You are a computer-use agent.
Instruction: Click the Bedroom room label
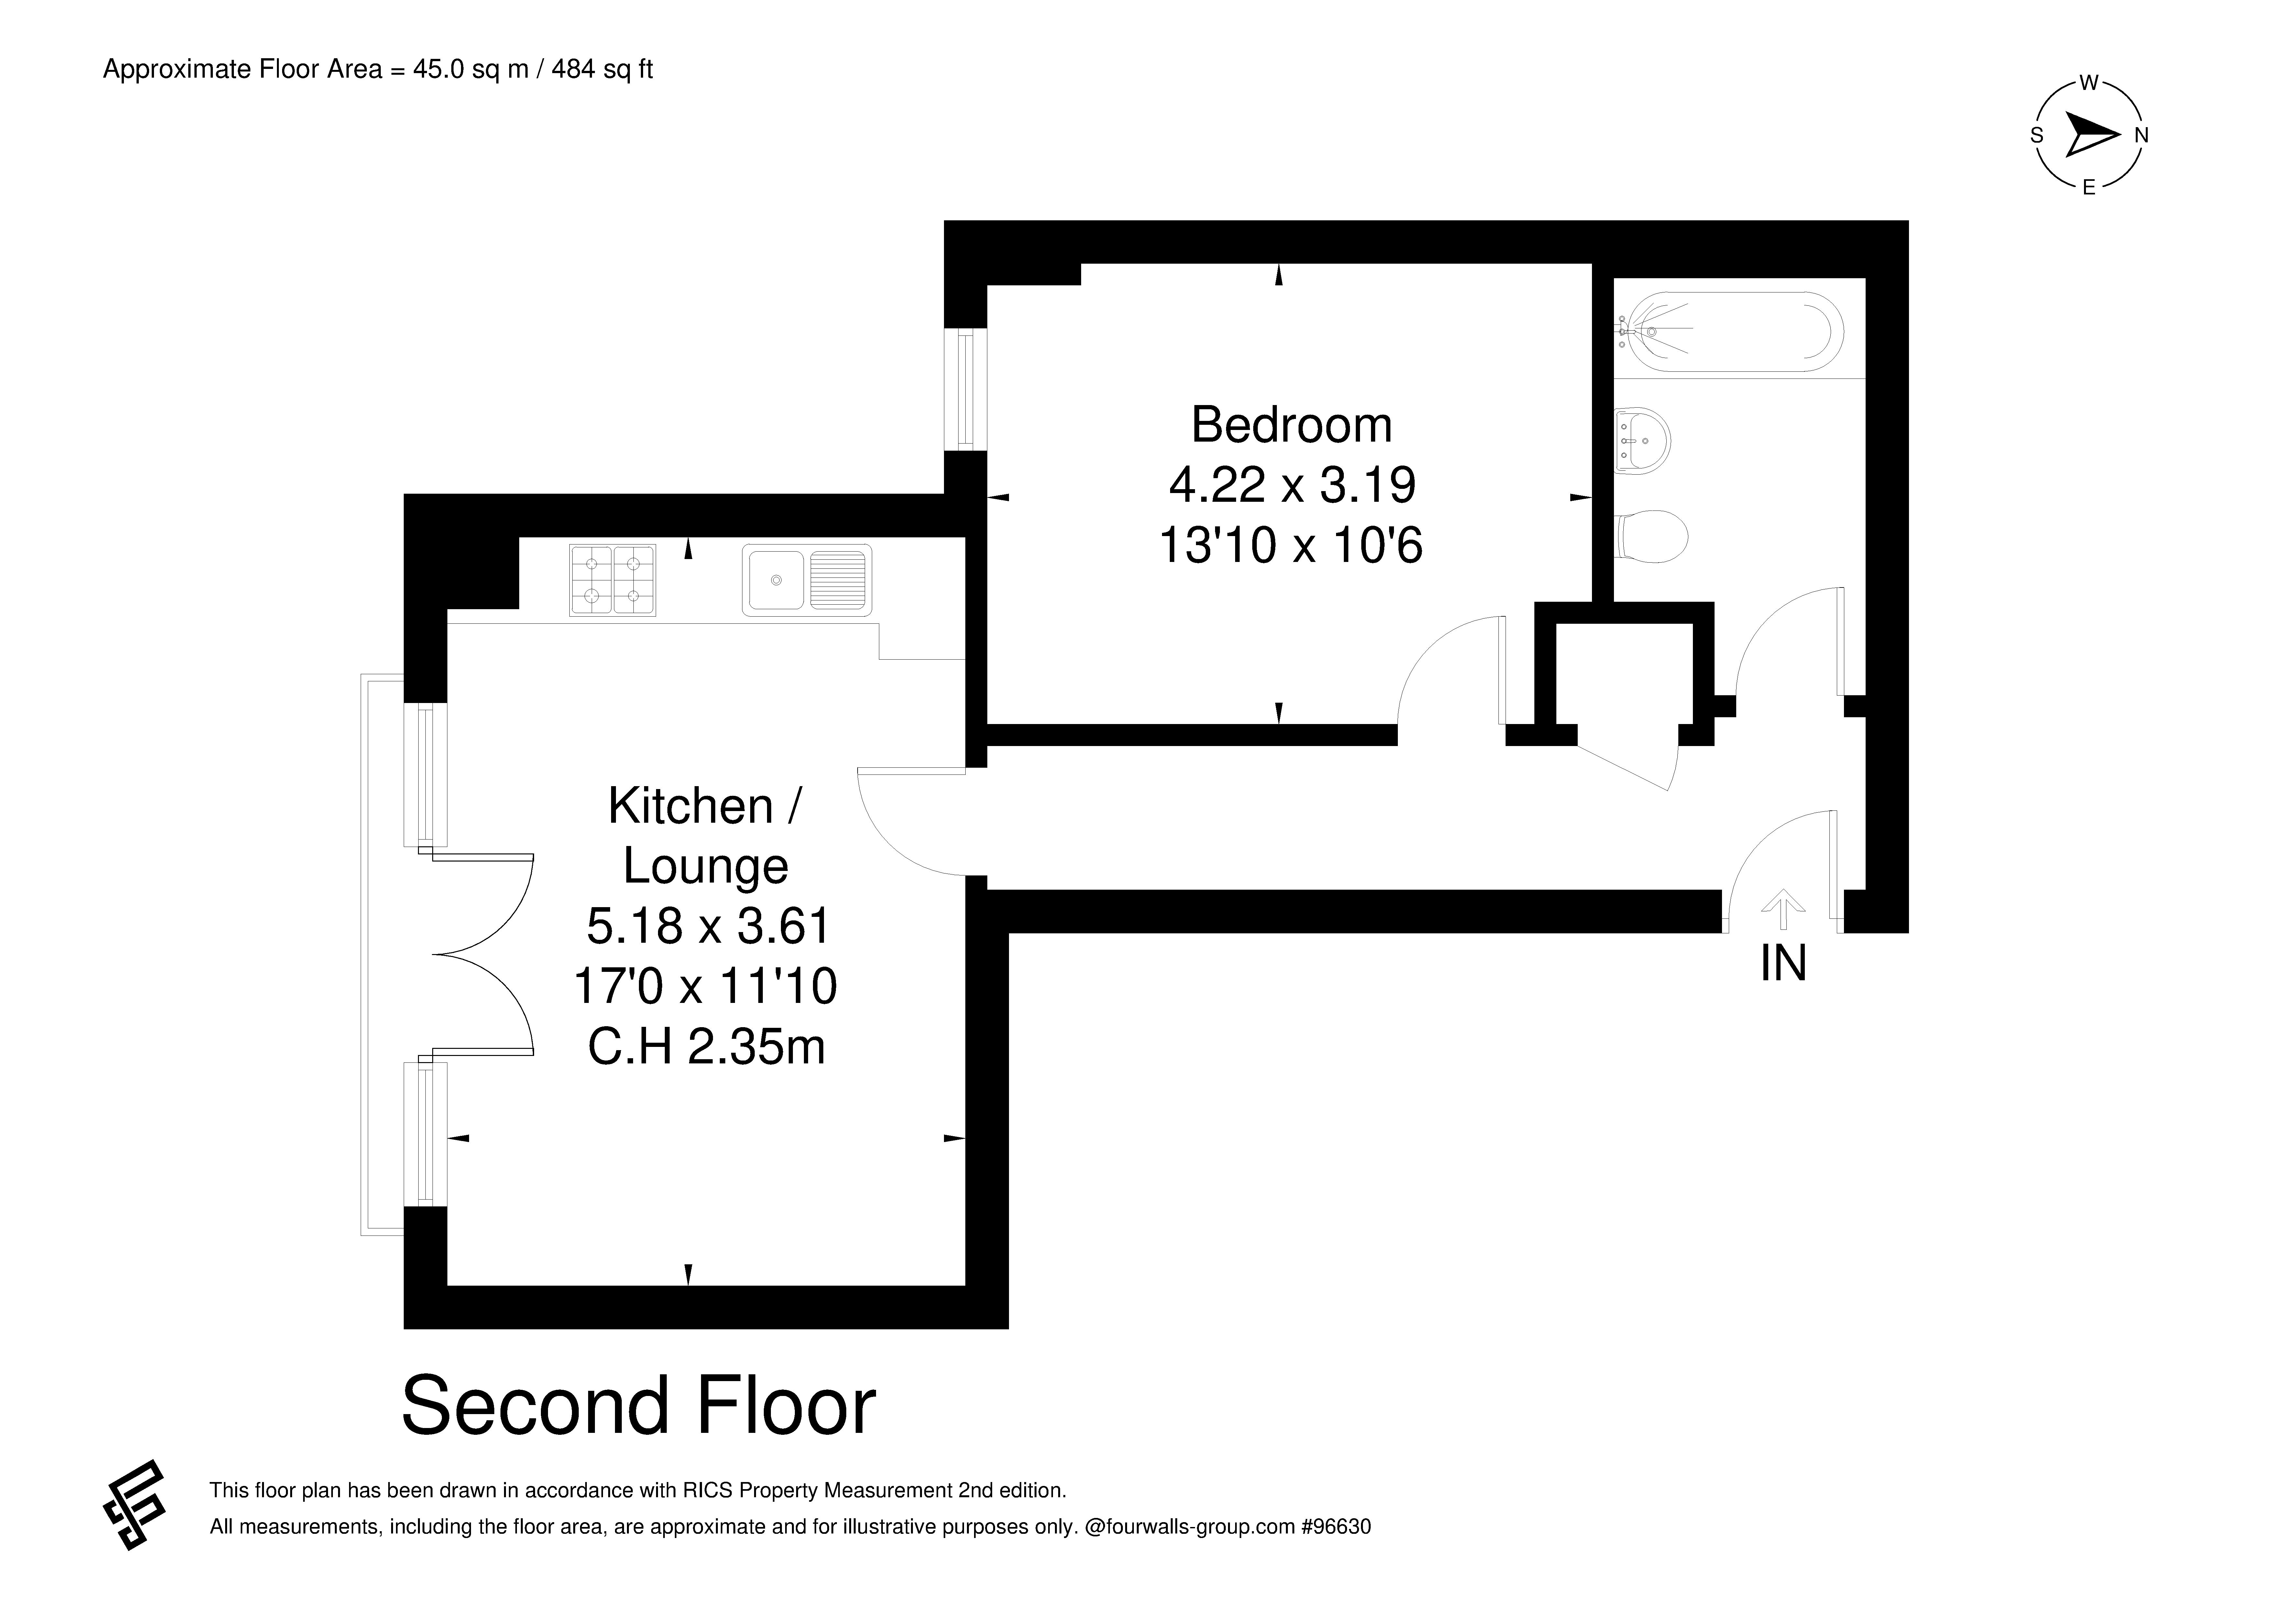pos(1291,425)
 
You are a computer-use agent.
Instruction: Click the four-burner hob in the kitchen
pos(612,580)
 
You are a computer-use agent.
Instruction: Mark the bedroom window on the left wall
pos(966,389)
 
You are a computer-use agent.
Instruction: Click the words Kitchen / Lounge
pos(705,836)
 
